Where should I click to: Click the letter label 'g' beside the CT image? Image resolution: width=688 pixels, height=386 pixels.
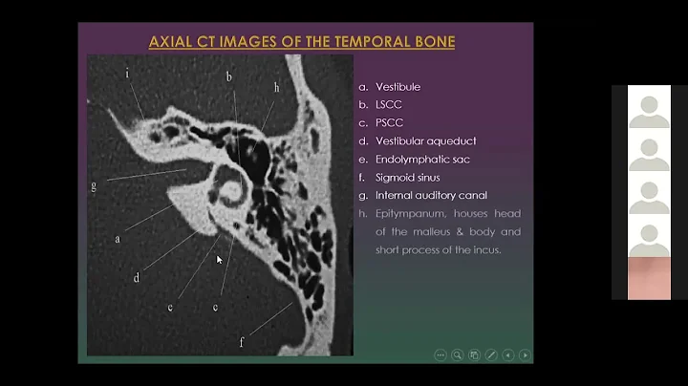[x=94, y=185]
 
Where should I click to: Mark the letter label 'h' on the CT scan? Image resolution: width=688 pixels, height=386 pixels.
[x=277, y=86]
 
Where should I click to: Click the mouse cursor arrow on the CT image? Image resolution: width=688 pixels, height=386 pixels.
[x=219, y=258]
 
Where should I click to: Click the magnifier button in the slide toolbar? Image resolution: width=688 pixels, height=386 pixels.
[x=457, y=354]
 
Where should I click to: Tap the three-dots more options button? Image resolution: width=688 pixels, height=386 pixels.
[x=440, y=354]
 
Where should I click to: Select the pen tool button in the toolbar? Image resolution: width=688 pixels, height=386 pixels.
[x=491, y=354]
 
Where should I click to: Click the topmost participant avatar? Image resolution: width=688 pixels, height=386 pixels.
[x=649, y=106]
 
